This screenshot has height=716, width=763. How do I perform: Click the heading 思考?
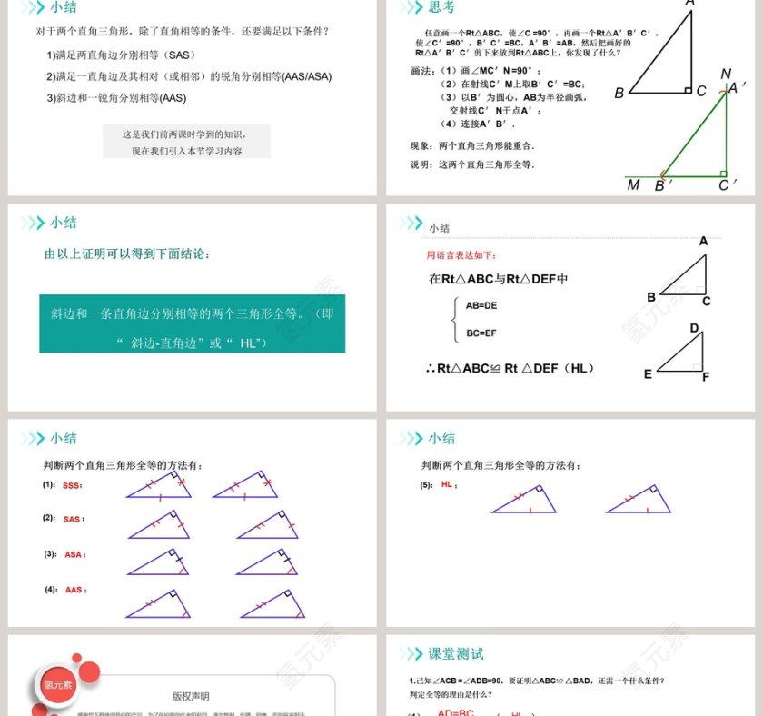[441, 8]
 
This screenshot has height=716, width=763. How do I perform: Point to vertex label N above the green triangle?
[726, 75]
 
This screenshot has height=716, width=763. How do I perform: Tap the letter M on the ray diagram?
[633, 185]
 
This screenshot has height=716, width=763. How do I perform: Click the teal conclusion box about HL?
[192, 323]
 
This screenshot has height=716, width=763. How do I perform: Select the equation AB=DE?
[481, 306]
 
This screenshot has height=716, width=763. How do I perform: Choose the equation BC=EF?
[481, 333]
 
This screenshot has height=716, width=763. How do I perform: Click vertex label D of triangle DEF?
[694, 328]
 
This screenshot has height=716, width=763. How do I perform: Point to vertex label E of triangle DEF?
[648, 374]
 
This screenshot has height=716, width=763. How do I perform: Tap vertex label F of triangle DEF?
[705, 376]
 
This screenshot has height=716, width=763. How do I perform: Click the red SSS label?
[72, 486]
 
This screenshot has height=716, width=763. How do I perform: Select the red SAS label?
[73, 520]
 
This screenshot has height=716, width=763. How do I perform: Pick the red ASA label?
[74, 554]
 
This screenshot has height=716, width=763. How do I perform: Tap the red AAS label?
[74, 590]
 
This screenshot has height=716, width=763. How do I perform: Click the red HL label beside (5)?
[447, 485]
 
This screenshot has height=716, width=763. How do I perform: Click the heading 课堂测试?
[456, 653]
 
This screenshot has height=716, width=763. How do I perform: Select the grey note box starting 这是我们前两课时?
[186, 142]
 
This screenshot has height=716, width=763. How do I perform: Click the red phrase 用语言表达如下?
[461, 255]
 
